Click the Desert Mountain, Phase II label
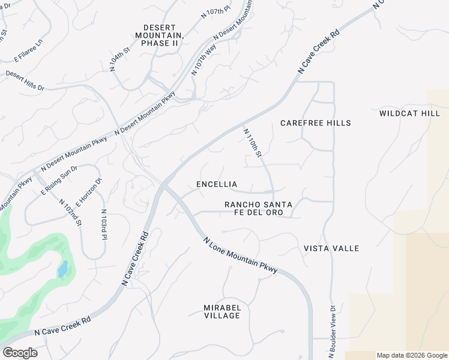pyautogui.click(x=160, y=35)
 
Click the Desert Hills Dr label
pyautogui.click(x=25, y=81)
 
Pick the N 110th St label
pyautogui.click(x=253, y=143)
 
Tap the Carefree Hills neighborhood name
pyautogui.click(x=316, y=123)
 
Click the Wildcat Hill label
pyautogui.click(x=410, y=113)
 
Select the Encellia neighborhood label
pyautogui.click(x=217, y=184)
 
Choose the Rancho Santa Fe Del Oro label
pyautogui.click(x=258, y=209)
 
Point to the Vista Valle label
pyautogui.click(x=331, y=248)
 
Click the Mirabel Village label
pyautogui.click(x=222, y=311)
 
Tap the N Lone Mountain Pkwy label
pyautogui.click(x=240, y=255)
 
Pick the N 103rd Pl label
pyautogui.click(x=104, y=225)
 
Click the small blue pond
pyautogui.click(x=62, y=269)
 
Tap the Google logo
pyautogui.click(x=20, y=353)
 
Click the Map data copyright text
pyautogui.click(x=412, y=355)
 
